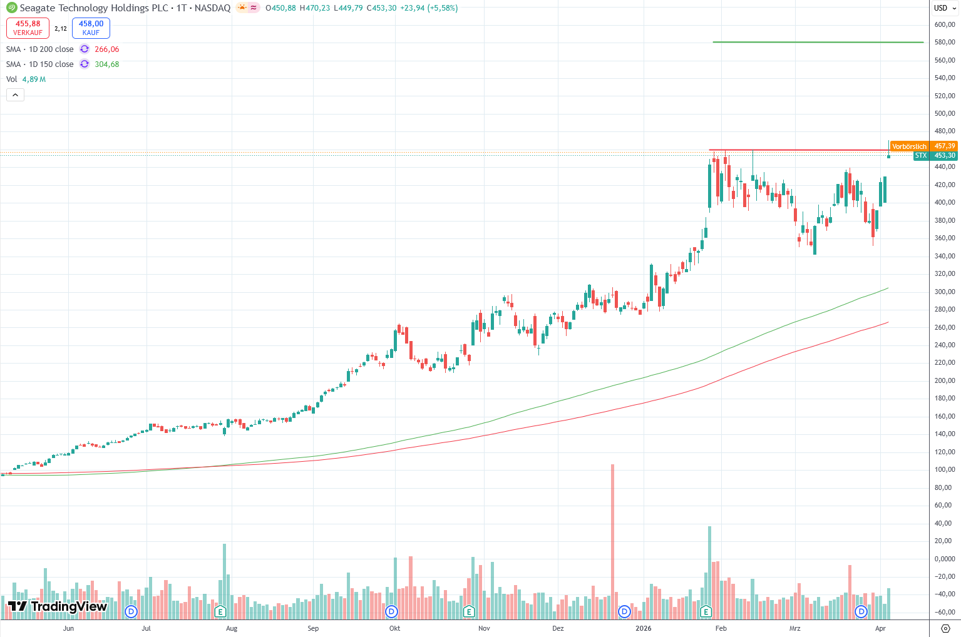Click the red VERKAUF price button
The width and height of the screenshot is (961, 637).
click(28, 28)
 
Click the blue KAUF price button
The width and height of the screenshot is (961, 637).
click(91, 28)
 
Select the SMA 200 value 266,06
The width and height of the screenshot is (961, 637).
click(106, 49)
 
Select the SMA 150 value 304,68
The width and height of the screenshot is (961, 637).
click(106, 64)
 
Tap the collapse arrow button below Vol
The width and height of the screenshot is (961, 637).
click(15, 95)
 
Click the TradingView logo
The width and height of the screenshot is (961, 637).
click(58, 606)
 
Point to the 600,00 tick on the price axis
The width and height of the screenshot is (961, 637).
click(944, 24)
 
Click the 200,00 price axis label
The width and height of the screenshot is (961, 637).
click(944, 380)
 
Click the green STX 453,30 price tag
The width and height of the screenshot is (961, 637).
click(935, 156)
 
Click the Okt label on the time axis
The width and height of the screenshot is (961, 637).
click(394, 628)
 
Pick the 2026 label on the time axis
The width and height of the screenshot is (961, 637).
click(643, 628)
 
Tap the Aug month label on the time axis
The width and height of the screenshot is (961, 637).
click(232, 628)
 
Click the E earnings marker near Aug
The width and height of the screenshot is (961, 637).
click(220, 611)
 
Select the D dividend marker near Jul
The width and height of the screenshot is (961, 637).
click(131, 611)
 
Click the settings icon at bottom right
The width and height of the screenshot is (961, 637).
click(945, 628)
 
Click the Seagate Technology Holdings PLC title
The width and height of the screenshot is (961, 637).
click(94, 8)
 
